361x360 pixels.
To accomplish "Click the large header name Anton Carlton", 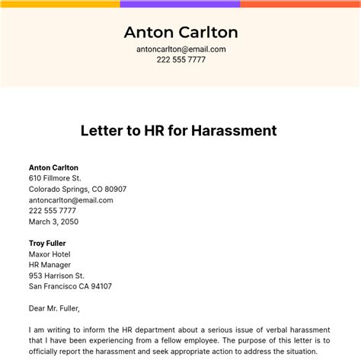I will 180,32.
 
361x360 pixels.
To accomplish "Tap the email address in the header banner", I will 180,49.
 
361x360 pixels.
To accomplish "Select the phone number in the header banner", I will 180,59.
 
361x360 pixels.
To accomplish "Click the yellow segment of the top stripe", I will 59,4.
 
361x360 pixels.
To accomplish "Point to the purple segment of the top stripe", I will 180,4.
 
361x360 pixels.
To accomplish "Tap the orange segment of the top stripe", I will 300,4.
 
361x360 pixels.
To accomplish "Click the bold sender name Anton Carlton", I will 53,167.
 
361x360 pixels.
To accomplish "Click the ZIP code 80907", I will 113,189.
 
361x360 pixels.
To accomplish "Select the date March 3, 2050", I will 53,221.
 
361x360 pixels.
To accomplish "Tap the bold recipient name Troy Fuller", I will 48,244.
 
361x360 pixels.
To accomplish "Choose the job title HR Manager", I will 51,265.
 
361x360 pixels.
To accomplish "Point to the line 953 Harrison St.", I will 56,276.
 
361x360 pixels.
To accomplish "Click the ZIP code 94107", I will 99,286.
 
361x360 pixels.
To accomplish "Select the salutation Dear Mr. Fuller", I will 54,308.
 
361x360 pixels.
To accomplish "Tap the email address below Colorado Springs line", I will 71,200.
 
